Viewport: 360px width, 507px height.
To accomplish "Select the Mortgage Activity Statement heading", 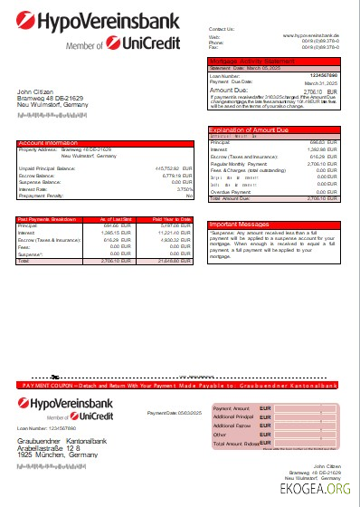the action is pos(254,60).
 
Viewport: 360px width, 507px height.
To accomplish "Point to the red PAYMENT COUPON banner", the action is pos(180,359).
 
